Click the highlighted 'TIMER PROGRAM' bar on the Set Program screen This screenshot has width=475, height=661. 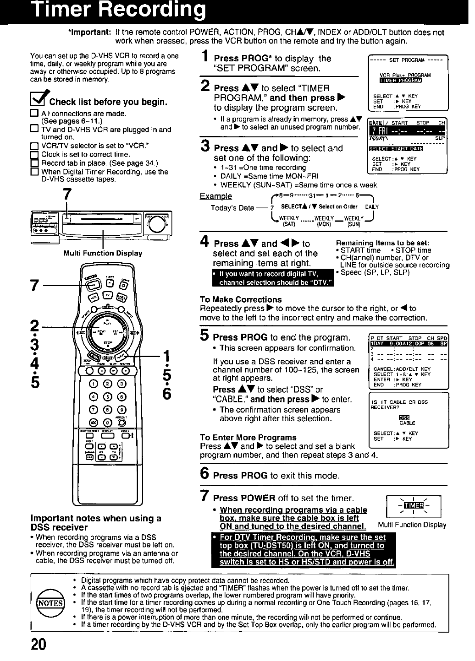[401, 81]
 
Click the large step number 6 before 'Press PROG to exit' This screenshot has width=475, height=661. [205, 474]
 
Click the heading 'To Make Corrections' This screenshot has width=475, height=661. [241, 299]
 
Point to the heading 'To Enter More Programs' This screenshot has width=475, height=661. [248, 437]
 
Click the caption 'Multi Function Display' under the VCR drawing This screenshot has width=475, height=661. [103, 253]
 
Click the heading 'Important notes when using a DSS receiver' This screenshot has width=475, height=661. [95, 522]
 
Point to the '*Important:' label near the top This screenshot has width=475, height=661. [89, 33]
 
